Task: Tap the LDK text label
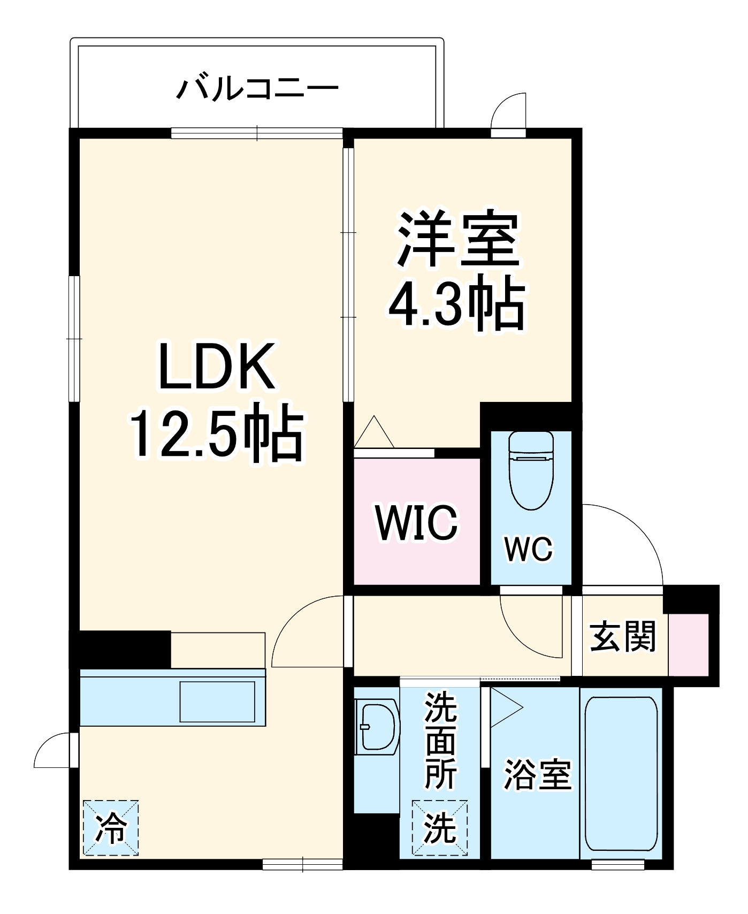click(217, 367)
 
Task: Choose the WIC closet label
click(416, 522)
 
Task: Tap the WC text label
click(529, 549)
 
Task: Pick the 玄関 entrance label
click(622, 636)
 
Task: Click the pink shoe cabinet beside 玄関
click(689, 645)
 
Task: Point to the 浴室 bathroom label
click(538, 774)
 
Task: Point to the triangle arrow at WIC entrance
click(374, 432)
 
